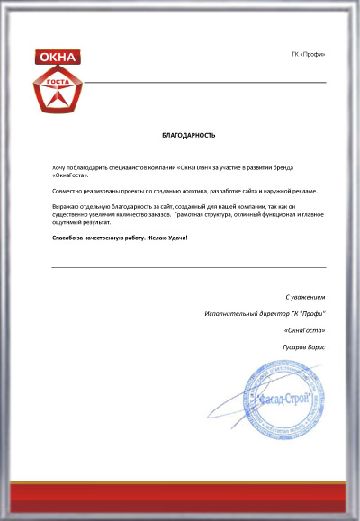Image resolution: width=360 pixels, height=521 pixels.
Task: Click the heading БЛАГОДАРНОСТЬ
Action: (188, 136)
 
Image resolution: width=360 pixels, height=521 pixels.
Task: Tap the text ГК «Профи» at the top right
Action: (310, 55)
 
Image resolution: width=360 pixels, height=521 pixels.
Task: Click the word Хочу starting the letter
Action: (59, 168)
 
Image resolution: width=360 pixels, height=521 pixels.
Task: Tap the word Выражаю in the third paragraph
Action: (67, 208)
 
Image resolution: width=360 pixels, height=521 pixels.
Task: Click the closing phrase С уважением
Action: (304, 297)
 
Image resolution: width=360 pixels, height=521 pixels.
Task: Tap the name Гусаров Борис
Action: (303, 347)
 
